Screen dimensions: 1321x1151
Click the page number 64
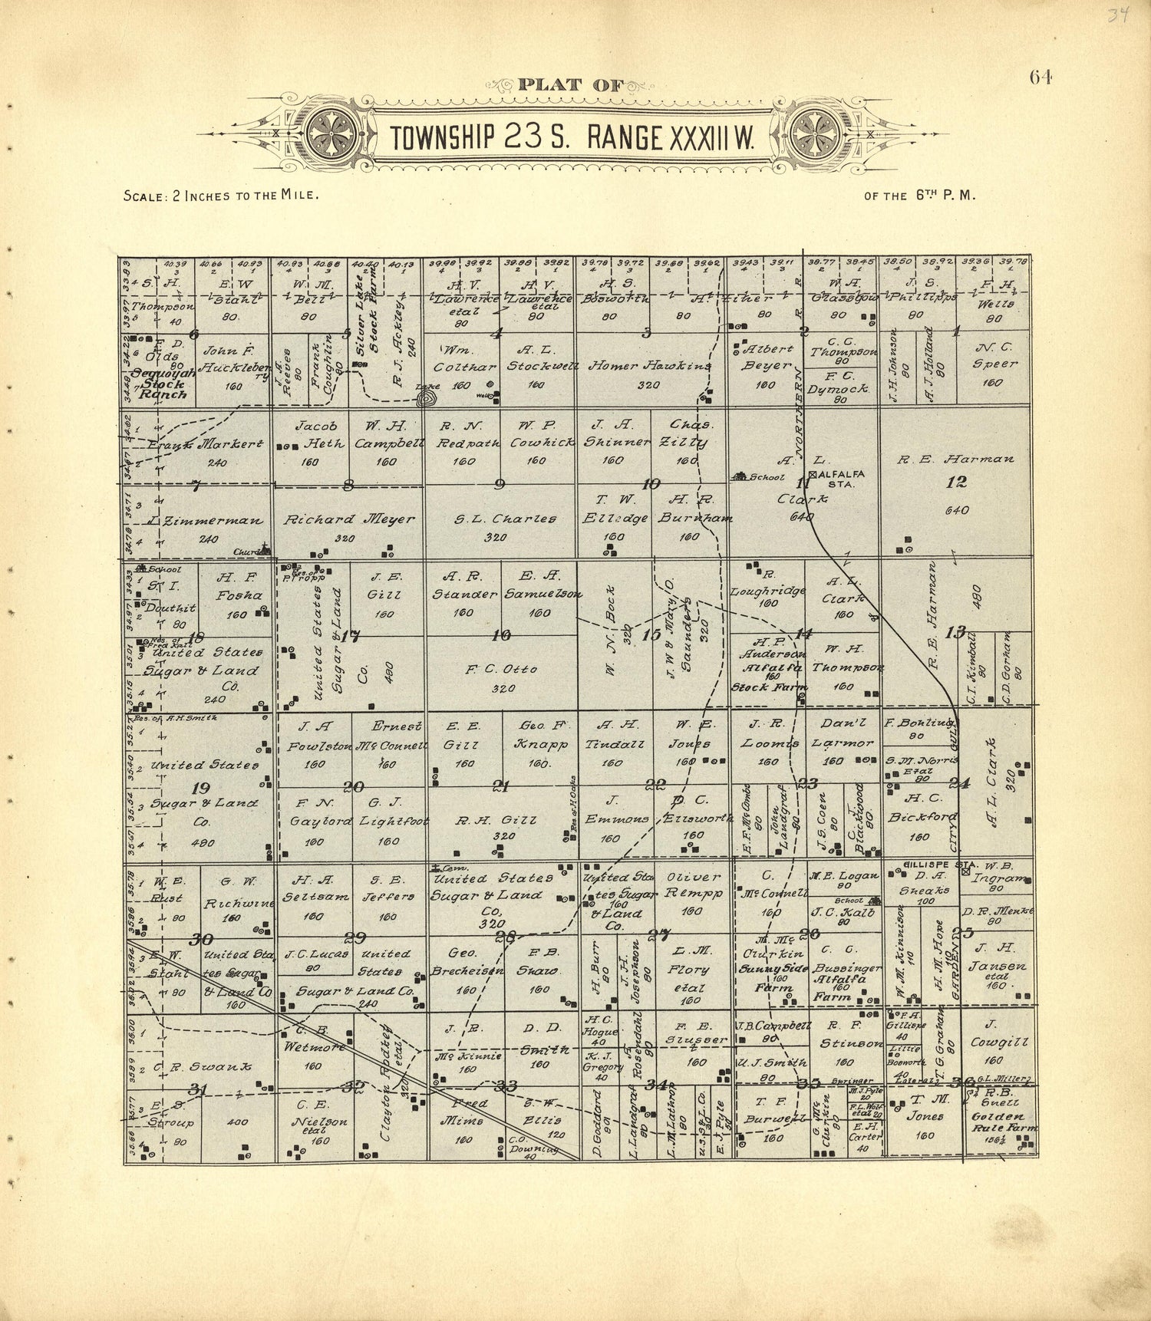point(1041,77)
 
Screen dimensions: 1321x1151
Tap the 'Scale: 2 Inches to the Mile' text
point(221,196)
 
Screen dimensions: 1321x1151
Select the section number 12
point(956,483)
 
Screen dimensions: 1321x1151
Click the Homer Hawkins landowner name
point(649,366)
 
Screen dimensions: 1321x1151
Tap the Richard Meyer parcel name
point(349,519)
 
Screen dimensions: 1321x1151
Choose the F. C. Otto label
point(501,669)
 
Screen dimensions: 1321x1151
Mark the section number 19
point(201,788)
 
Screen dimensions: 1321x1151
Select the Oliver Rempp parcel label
point(694,886)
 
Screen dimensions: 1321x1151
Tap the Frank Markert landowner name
point(206,444)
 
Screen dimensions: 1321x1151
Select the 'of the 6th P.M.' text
point(919,196)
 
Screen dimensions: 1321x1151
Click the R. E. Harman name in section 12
point(956,460)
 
